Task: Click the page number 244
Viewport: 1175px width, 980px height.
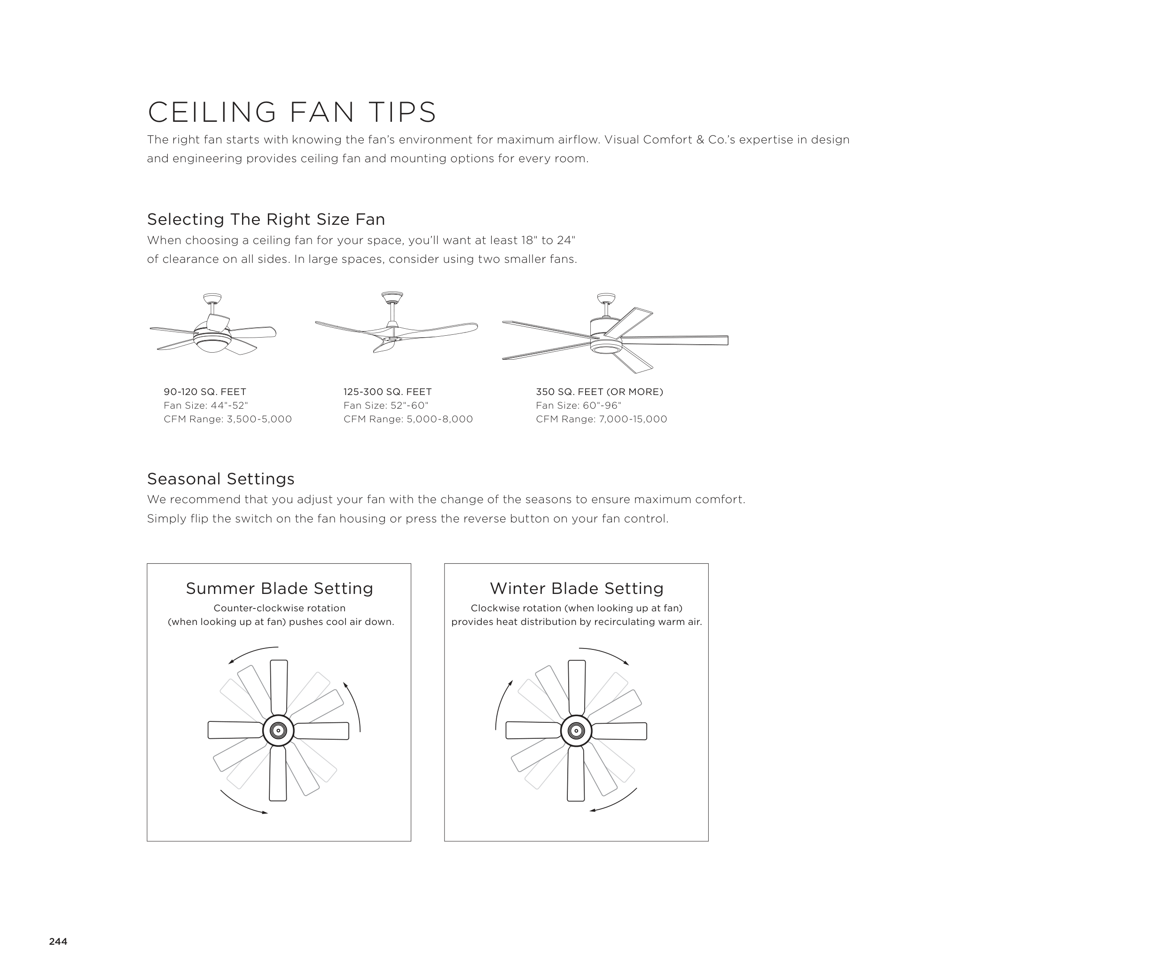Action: pos(58,941)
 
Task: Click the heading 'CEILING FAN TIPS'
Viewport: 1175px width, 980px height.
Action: pos(291,112)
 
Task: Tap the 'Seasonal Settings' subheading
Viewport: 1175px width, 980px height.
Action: pos(220,479)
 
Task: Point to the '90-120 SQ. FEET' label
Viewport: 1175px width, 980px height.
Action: pos(205,392)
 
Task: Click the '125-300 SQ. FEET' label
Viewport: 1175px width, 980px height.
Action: pos(388,392)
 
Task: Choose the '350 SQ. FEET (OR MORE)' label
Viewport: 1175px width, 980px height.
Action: pos(599,392)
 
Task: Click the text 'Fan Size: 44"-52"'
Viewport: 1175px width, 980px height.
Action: pos(205,405)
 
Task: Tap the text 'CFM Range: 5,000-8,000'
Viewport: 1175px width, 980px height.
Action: pos(408,419)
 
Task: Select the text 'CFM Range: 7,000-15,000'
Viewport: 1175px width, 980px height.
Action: pos(602,419)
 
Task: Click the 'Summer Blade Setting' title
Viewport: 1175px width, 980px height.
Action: pos(279,588)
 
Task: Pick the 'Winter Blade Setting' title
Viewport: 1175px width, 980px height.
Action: pos(577,588)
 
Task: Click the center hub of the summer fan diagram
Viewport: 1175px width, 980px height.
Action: pos(278,730)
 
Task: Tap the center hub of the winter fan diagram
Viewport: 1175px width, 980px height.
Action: pos(576,730)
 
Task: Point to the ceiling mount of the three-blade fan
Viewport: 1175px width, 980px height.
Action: pos(392,295)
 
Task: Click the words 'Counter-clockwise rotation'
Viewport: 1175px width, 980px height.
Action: pos(279,608)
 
